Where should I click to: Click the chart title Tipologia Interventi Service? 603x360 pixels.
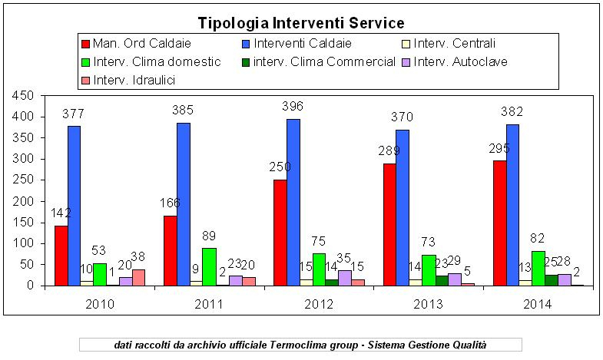point(301,23)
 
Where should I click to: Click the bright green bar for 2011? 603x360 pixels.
point(209,266)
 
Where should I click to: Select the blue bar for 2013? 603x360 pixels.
point(402,207)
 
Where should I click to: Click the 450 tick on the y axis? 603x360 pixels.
point(22,96)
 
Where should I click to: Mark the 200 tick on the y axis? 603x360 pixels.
point(22,201)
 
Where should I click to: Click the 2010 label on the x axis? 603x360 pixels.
point(100,305)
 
